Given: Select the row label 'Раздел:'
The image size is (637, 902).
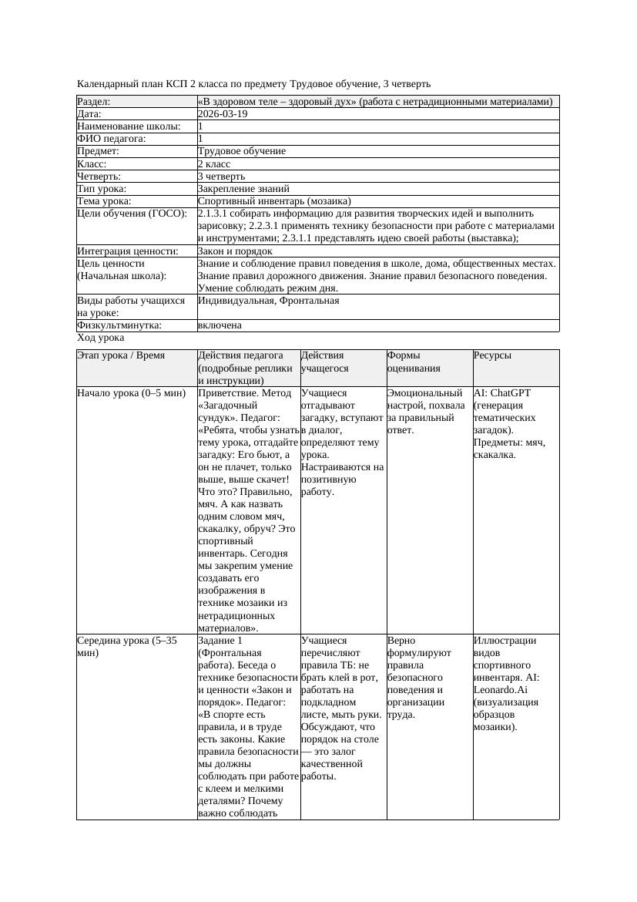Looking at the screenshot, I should click(x=94, y=102).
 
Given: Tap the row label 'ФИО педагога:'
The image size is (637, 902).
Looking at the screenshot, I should click(x=112, y=139).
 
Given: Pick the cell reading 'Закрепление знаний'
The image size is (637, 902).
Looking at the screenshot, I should click(x=243, y=188).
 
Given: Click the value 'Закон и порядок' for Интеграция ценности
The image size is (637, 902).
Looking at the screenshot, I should click(x=235, y=251).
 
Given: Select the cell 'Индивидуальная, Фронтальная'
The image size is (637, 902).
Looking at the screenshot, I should click(x=268, y=300).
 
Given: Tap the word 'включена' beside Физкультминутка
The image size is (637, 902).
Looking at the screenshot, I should click(x=220, y=325).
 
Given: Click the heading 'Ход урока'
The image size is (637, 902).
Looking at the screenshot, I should click(x=101, y=338).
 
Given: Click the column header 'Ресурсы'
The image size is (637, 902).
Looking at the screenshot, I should click(x=492, y=355).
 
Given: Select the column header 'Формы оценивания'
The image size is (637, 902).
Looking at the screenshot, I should click(x=414, y=362).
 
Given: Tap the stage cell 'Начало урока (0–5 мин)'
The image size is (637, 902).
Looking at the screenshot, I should click(x=132, y=393).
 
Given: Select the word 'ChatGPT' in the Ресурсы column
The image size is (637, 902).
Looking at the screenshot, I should click(x=510, y=393).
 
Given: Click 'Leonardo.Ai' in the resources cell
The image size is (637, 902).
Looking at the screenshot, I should click(x=501, y=689).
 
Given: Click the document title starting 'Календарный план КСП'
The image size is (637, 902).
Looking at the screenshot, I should click(x=254, y=83).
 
